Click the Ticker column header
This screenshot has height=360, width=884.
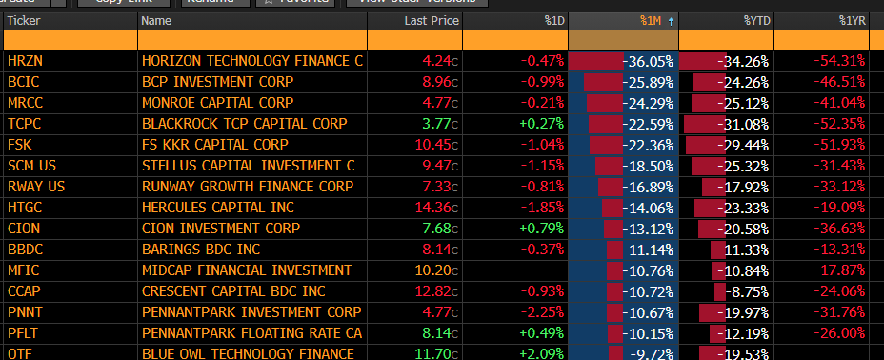point(24,20)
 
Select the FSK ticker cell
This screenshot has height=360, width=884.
point(19,145)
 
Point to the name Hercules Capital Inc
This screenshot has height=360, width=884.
point(218,208)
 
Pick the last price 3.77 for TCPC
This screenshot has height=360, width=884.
point(435,124)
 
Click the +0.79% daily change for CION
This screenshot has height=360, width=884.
point(541,229)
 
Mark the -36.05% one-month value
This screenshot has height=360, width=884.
point(649,61)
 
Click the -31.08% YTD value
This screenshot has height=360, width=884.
point(745,124)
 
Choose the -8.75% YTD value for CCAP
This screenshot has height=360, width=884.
point(748,291)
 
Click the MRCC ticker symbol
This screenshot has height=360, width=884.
point(25,103)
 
